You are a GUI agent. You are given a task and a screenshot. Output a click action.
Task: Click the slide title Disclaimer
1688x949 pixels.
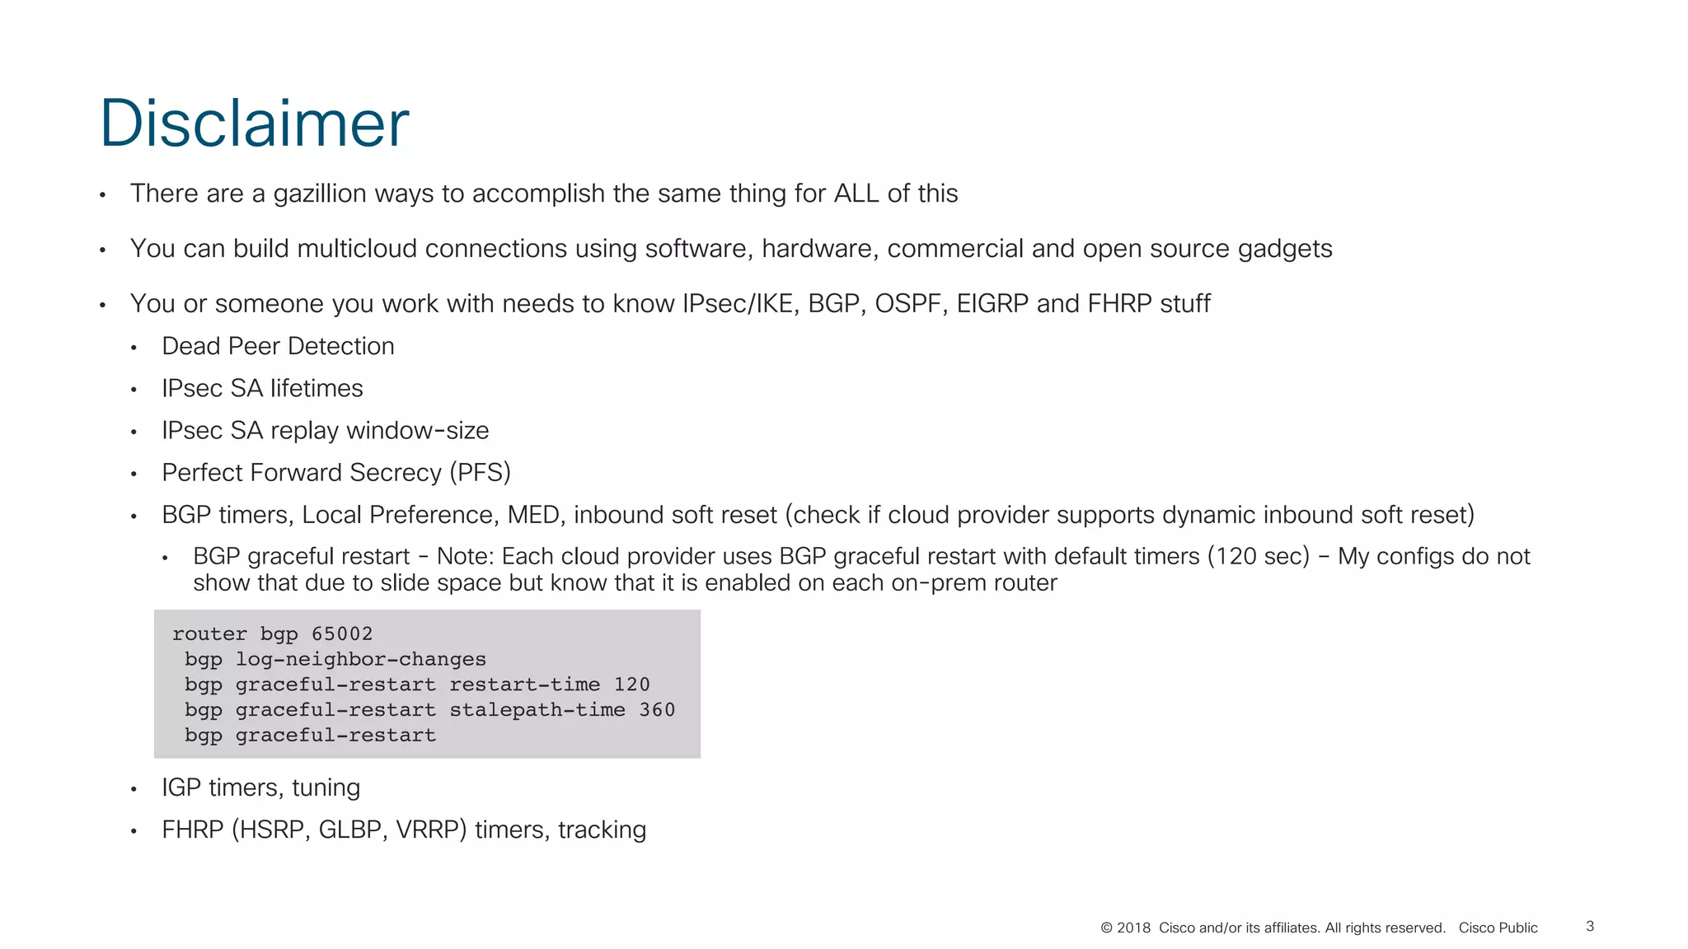tap(254, 124)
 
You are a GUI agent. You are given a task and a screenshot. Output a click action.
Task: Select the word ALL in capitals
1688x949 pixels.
tap(856, 194)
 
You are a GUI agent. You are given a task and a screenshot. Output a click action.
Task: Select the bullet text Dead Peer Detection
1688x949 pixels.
tap(278, 346)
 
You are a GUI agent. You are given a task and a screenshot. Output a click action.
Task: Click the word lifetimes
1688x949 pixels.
tap(316, 388)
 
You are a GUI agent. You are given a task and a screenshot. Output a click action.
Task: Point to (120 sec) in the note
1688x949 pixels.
tap(1258, 557)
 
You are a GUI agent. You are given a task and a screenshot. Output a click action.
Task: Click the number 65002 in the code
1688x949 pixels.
tap(342, 633)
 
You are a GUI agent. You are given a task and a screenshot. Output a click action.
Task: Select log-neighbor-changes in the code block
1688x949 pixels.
tap(360, 659)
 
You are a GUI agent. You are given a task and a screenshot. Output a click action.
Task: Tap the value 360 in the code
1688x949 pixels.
tap(657, 710)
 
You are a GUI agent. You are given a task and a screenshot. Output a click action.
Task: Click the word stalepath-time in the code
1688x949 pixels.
tap(537, 710)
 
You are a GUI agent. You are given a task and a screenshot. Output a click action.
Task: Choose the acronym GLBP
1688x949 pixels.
tap(349, 830)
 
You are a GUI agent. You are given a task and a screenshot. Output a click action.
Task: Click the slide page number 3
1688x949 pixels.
tap(1590, 926)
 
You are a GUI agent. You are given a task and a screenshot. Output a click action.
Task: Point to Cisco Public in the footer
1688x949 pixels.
tap(1498, 928)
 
